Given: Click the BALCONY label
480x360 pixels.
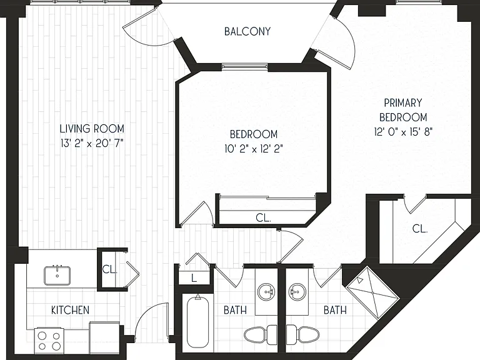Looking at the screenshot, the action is coord(247,31).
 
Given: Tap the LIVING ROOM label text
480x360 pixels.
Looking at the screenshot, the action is coord(92,129).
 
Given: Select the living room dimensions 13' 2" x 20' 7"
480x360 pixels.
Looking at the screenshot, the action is coord(92,143).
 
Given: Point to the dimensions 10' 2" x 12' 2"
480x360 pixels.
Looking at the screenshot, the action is coord(254,149).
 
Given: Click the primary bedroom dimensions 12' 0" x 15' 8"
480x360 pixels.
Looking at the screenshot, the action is coord(403,132).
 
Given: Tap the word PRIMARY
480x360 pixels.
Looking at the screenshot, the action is coord(403,103).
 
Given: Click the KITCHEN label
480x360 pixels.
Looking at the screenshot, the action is coord(70,310).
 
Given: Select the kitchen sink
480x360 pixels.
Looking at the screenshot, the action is coord(57,275).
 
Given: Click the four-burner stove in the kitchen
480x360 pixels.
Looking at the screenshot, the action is coord(49,341).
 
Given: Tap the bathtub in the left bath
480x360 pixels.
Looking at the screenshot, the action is coord(197,321).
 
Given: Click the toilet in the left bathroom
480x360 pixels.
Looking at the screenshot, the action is coord(261,334).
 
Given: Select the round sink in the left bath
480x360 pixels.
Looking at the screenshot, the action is coord(266,292).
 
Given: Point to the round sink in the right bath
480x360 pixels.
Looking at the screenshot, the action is coord(297,292).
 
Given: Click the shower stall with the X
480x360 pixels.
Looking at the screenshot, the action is coord(372,292).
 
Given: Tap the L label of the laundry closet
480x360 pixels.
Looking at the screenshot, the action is coord(194,278).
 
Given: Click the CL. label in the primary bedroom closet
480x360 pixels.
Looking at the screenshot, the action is coord(420,229).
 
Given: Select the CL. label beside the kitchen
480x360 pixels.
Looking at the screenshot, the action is coord(109,269).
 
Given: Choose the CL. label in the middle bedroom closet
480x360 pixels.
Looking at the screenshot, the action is coord(263,218).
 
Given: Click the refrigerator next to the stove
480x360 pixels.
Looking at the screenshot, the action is coord(104,337).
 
